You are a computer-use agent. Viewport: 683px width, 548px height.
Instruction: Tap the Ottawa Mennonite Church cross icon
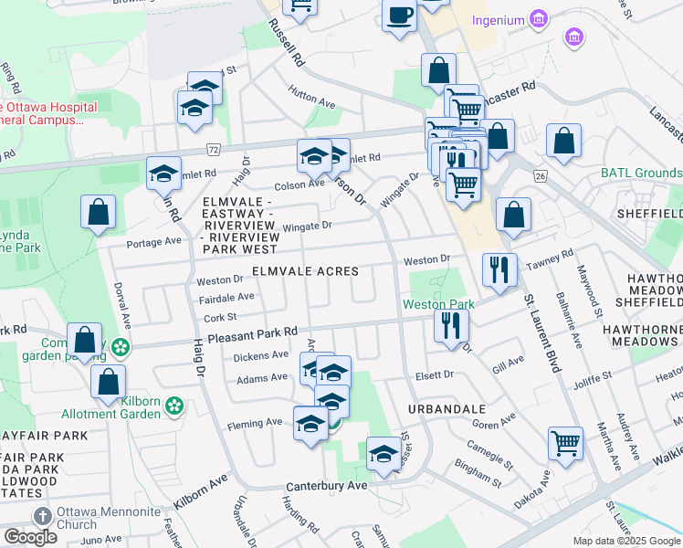pyautogui.click(x=40, y=517)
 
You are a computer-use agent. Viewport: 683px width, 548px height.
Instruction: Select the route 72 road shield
pyautogui.click(x=213, y=148)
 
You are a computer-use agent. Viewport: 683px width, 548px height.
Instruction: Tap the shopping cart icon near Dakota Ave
pyautogui.click(x=565, y=443)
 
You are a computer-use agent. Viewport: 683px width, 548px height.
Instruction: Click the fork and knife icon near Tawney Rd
pyautogui.click(x=499, y=268)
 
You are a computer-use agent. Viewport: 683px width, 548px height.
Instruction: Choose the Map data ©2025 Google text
pyautogui.click(x=625, y=541)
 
